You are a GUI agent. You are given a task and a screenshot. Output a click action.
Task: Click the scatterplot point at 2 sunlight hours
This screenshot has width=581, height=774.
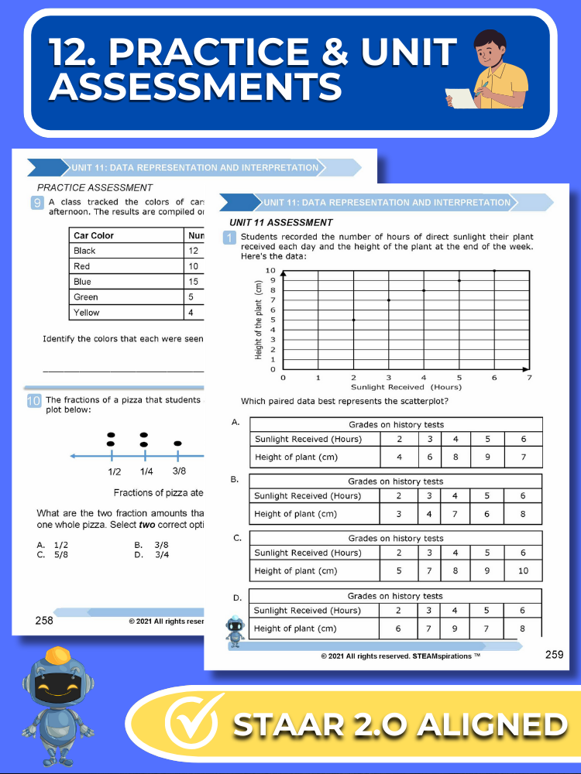(354, 320)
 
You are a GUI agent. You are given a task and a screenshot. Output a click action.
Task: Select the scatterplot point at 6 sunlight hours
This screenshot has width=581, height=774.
(494, 271)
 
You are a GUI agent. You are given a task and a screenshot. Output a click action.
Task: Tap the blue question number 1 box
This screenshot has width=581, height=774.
(229, 238)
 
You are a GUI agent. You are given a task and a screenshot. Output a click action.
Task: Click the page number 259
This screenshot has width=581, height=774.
(554, 655)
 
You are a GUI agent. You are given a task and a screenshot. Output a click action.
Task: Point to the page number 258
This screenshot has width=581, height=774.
(44, 620)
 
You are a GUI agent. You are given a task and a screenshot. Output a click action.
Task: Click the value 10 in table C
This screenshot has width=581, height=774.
(524, 571)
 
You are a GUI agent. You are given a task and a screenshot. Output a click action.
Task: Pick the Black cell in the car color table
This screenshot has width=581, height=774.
(85, 251)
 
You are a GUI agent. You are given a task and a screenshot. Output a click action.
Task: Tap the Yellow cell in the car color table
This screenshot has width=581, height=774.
(87, 313)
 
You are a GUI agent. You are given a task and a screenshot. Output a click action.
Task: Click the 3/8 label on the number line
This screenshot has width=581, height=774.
(179, 471)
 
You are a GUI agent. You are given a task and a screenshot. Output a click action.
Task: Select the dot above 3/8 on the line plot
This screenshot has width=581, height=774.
(177, 444)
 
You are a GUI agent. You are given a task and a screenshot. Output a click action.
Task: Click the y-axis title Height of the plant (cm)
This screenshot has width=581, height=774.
(259, 320)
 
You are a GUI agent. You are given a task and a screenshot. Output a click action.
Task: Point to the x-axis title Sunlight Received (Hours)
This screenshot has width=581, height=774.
(406, 387)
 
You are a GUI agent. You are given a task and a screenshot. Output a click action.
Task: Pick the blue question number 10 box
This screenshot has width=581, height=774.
(33, 400)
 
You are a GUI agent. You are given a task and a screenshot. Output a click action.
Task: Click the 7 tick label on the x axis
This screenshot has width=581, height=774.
(530, 378)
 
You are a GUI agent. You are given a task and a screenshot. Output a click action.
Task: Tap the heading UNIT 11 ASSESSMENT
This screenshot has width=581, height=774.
(281, 223)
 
